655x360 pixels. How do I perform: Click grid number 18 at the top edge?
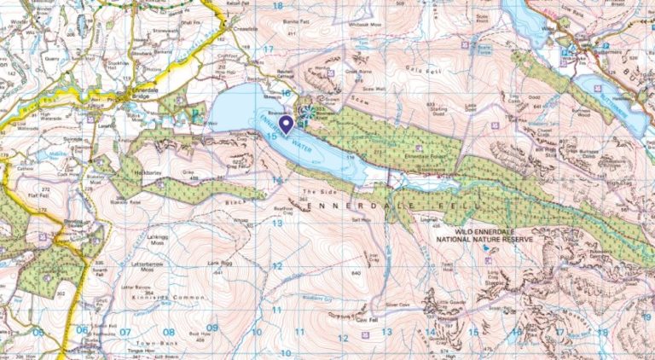pos(276,6)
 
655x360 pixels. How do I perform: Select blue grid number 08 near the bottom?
pos(169,332)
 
